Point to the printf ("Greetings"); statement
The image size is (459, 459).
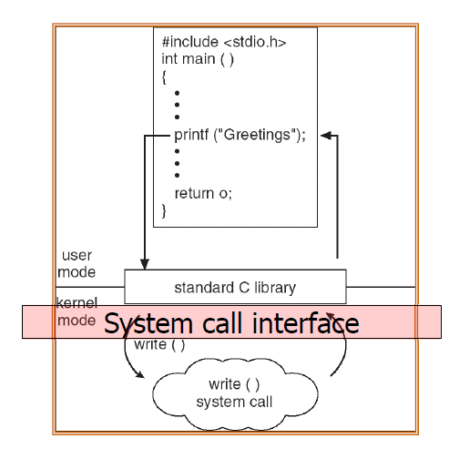240,135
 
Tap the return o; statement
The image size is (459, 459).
202,192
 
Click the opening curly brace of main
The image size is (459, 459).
165,77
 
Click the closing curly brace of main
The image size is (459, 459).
165,210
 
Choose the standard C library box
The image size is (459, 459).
235,287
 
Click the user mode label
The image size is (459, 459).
77,264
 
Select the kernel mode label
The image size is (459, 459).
77,311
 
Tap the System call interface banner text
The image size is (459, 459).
231,323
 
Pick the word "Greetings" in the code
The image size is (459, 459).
255,135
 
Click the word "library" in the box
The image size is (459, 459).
276,288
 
